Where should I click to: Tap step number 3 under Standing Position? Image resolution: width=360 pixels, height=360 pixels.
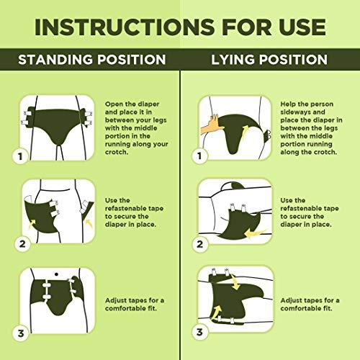click(22, 333)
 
